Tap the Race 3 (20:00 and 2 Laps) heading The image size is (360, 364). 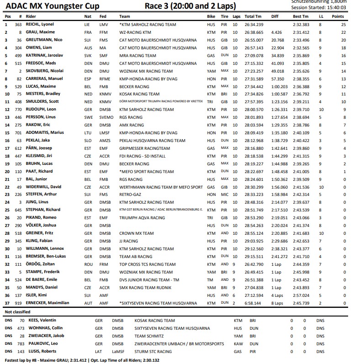click(190, 6)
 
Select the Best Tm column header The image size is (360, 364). click(301, 16)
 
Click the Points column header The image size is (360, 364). click(338, 16)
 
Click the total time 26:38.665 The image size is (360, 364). click(254, 32)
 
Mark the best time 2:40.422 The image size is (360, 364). click(301, 140)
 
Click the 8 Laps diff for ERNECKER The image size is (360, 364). click(276, 302)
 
